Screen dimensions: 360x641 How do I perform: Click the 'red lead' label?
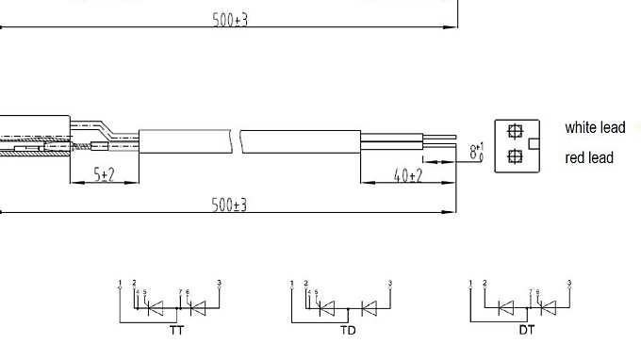coord(589,157)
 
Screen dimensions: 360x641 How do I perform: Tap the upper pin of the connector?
coord(515,132)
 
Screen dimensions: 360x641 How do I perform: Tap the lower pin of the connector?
coord(515,156)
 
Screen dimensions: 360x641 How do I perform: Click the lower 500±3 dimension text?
coord(229,205)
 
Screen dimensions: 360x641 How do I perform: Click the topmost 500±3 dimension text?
coord(229,20)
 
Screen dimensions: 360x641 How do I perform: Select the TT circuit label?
coord(176,332)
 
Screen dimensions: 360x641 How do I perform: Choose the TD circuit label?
coord(348,332)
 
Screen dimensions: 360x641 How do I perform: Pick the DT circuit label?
coord(527,332)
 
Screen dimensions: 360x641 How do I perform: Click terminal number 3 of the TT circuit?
coord(219,283)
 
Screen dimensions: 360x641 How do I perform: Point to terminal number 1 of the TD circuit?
coord(292,283)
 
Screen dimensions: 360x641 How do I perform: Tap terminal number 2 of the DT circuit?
coord(485,283)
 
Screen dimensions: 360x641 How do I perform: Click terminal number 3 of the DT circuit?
coord(569,283)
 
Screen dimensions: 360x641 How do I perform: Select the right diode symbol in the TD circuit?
coord(369,307)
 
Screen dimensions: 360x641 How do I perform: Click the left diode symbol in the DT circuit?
coord(506,307)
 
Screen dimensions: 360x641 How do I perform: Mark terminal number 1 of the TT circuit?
coord(120,283)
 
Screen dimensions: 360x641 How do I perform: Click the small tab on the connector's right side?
coord(534,144)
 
